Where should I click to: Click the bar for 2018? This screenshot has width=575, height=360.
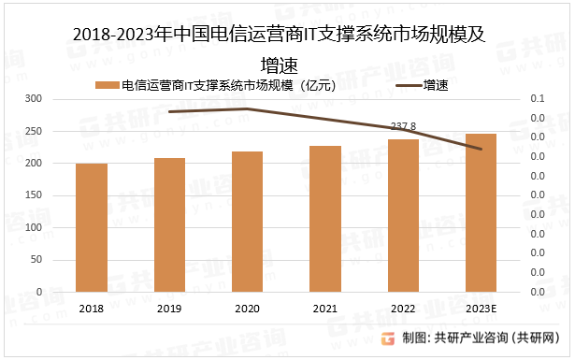pos(92,228)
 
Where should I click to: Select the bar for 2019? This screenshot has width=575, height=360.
pos(169,225)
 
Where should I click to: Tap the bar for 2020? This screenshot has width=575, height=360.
pos(247,222)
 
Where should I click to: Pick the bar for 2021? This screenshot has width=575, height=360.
pos(325,219)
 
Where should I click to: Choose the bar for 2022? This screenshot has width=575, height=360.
pos(403,216)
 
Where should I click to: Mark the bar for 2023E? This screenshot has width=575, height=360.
pos(481,213)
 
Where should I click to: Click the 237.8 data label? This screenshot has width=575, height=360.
pos(403,125)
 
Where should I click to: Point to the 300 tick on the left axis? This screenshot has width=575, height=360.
pos(33,99)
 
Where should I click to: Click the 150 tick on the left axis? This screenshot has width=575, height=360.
pos(33,195)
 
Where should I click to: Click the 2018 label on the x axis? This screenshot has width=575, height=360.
pos(92,309)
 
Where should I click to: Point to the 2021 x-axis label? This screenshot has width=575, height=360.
pos(325,309)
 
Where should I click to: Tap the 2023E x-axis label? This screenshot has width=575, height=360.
pos(481,309)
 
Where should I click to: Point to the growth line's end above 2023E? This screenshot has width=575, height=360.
pos(481,149)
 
